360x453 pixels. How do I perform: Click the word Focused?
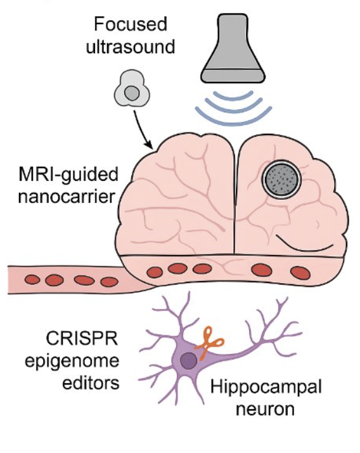[x=131, y=24]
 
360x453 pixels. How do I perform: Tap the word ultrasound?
[x=131, y=46]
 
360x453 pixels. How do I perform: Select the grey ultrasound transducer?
[x=233, y=48]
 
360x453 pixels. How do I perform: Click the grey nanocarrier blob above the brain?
[x=132, y=89]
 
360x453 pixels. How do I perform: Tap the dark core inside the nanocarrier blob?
[x=132, y=93]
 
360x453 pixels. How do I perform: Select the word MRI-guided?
[x=68, y=174]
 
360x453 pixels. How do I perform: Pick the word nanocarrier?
[x=67, y=197]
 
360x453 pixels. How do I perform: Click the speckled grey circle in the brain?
[x=281, y=179]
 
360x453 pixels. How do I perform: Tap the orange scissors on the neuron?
[x=209, y=343]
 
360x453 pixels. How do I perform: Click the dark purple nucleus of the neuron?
[x=189, y=361]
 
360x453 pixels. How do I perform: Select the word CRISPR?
[x=82, y=338]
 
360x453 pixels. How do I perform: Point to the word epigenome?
[x=72, y=361]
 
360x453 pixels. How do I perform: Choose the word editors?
[x=91, y=383]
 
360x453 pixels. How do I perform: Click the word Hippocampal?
[x=266, y=387]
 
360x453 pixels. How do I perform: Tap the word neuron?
[x=265, y=409]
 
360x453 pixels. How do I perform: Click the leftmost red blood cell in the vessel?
[x=32, y=279]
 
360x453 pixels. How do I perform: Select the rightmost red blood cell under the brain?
[x=300, y=273]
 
